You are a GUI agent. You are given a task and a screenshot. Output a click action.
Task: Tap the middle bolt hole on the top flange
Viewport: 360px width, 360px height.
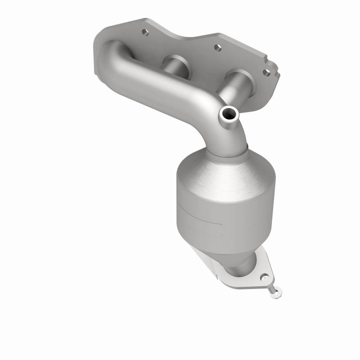tap(217, 46)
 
